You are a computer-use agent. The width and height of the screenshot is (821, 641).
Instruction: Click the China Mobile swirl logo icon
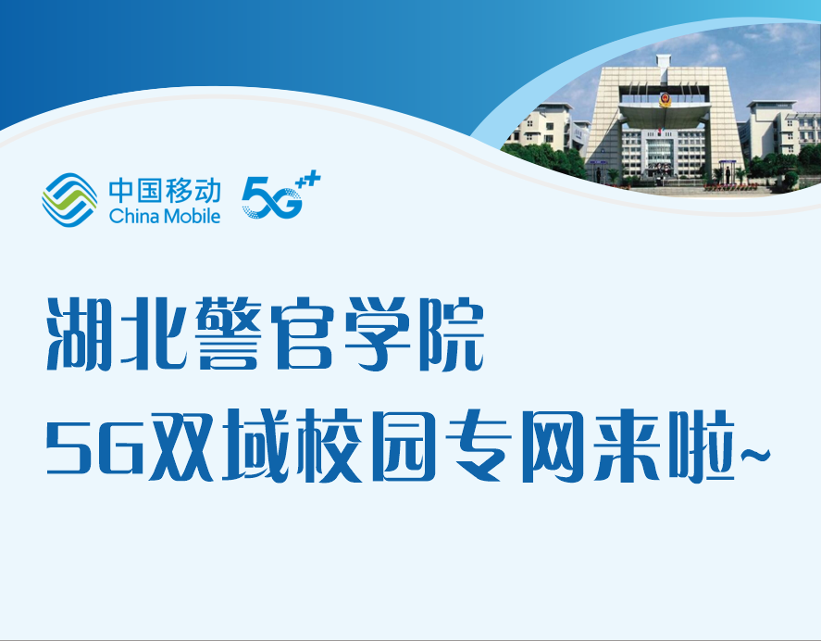(69, 200)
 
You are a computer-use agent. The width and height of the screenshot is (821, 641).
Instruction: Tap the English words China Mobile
(165, 216)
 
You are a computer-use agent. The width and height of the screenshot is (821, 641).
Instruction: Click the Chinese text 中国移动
(165, 191)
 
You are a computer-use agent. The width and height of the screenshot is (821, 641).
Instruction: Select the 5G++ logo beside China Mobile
(280, 195)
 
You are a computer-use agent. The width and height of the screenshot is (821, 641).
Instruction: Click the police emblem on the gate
(665, 100)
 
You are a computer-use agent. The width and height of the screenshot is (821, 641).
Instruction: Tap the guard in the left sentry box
(599, 174)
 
